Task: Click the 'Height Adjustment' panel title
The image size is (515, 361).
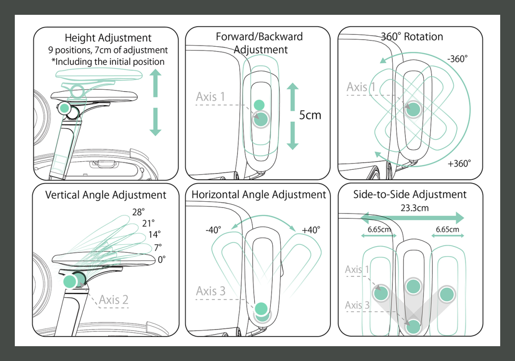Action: tap(108, 38)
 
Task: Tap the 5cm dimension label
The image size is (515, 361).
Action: tap(310, 115)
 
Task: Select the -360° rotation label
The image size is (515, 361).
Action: tap(457, 59)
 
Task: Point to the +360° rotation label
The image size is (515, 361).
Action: tap(459, 164)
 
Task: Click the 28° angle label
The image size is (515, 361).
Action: tap(138, 213)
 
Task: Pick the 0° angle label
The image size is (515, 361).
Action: tap(162, 259)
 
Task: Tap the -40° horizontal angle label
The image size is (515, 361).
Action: tap(213, 230)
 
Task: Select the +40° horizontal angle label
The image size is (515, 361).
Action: tap(311, 230)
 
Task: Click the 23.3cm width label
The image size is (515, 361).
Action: tap(414, 208)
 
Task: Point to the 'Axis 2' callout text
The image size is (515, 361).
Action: tap(113, 299)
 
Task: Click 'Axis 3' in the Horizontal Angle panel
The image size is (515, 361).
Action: tap(210, 291)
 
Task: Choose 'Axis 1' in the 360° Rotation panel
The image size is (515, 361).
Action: tap(361, 87)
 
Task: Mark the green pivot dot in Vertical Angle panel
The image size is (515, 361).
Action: tap(71, 281)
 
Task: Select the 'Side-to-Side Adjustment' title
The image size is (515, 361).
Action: tap(410, 195)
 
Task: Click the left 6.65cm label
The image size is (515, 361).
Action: tap(379, 229)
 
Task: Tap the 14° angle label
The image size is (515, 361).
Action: tap(154, 235)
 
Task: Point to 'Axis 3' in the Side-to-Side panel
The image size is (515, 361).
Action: tap(357, 305)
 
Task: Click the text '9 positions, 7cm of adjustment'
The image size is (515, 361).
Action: tap(108, 50)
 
